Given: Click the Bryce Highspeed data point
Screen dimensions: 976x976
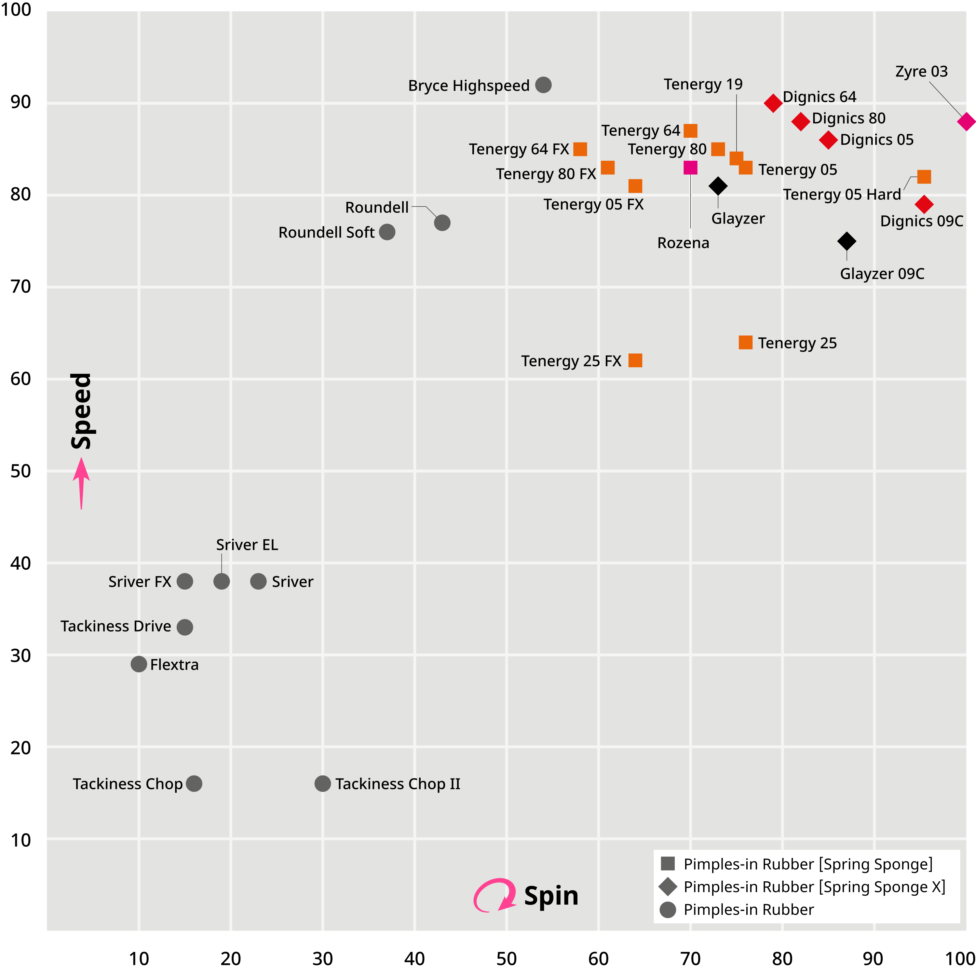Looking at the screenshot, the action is pyautogui.click(x=543, y=85).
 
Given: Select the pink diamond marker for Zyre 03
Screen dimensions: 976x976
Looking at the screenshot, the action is pyautogui.click(x=966, y=122).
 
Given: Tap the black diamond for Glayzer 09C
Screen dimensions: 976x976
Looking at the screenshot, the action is pyautogui.click(x=847, y=241).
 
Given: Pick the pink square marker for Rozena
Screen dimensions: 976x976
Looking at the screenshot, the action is pyautogui.click(x=690, y=168).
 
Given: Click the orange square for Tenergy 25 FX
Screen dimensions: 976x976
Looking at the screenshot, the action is pyautogui.click(x=635, y=361).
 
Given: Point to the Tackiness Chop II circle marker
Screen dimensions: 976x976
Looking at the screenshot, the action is pyautogui.click(x=322, y=783).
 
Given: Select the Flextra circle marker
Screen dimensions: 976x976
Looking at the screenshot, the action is pyautogui.click(x=138, y=664).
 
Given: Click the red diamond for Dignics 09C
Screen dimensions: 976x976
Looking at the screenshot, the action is pyautogui.click(x=924, y=205).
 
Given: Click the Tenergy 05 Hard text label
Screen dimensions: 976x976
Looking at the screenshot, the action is pyautogui.click(x=842, y=195).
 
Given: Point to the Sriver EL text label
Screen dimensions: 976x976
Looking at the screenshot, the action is pyautogui.click(x=247, y=545).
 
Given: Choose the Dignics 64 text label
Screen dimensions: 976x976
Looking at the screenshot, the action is pyautogui.click(x=820, y=97).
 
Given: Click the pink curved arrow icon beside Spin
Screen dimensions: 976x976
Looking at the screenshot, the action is pyautogui.click(x=495, y=896).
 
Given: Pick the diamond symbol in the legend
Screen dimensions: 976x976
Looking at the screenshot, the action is pyautogui.click(x=668, y=886).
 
